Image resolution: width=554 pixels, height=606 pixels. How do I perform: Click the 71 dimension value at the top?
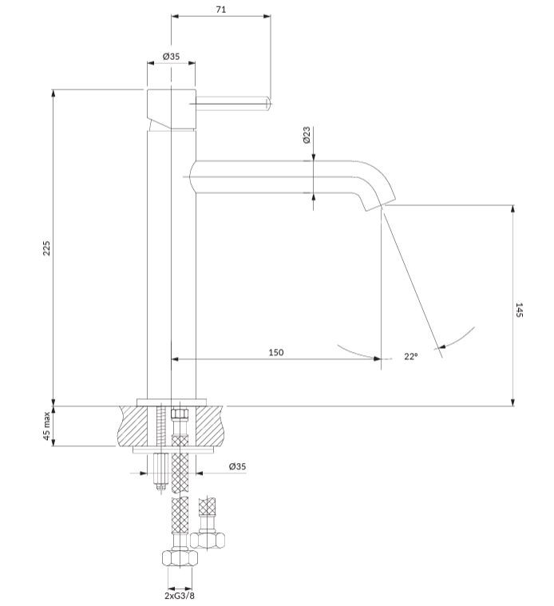coord(220,10)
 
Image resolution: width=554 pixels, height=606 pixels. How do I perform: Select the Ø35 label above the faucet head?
coord(171,56)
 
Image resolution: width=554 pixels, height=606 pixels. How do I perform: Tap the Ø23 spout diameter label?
coord(307,135)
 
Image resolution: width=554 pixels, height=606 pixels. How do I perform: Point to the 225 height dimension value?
coord(46,248)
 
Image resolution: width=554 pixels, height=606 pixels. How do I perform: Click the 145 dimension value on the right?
coord(519,311)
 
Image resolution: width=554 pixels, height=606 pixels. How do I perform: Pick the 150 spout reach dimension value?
coord(276,352)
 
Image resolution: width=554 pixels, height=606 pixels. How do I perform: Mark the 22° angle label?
coord(411,356)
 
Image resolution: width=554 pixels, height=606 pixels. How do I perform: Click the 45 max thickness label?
coord(46,426)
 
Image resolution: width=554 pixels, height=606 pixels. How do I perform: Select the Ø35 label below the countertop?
coord(237,466)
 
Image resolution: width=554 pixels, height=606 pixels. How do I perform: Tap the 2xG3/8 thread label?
coord(180,596)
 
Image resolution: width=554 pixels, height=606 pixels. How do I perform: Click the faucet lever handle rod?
coord(231,101)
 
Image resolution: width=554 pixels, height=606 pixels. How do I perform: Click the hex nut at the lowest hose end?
coord(180,558)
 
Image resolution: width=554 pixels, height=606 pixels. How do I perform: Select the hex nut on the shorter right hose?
coord(208,541)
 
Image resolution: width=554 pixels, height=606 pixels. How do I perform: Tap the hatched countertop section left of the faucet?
coord(133,426)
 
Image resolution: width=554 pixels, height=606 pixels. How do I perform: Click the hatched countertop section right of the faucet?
coord(210,426)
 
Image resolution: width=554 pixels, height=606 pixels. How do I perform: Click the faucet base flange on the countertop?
coord(172,402)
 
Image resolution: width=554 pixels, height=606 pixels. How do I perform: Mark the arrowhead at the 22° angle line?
coord(442,347)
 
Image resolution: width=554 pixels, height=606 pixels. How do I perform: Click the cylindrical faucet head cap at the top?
coord(172,109)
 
